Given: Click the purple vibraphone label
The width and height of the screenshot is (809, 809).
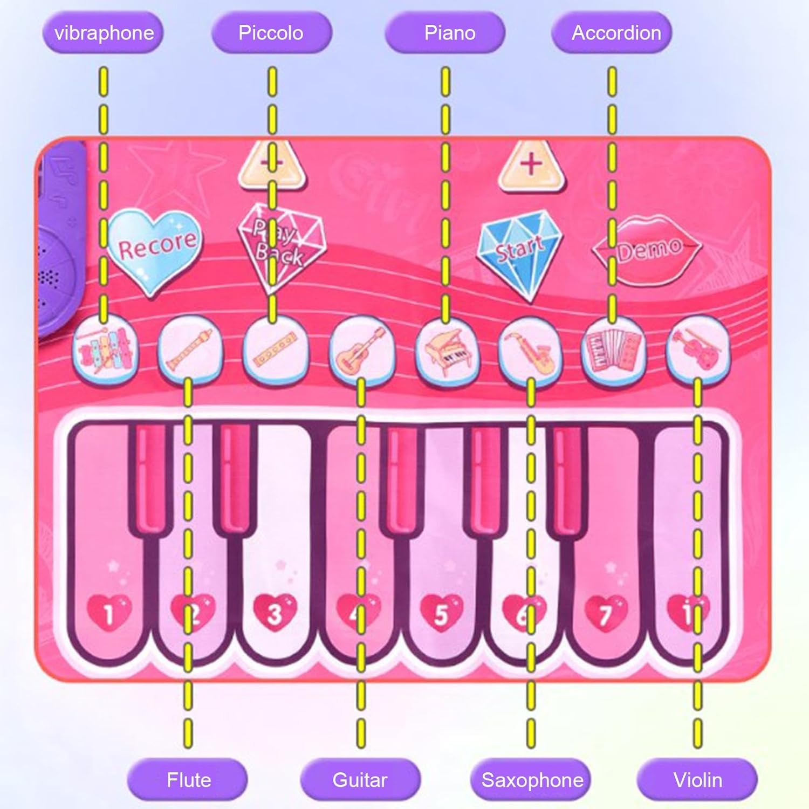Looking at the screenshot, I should [x=103, y=33].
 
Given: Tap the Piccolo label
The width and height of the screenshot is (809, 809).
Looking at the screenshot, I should [x=271, y=33].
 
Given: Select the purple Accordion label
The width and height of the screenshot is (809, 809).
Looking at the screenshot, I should [x=615, y=33].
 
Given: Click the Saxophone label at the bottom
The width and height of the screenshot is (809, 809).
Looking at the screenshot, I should [x=532, y=780].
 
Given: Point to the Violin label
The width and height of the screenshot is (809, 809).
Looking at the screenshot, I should [x=697, y=780].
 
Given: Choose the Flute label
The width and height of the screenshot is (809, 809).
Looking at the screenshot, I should [x=188, y=780].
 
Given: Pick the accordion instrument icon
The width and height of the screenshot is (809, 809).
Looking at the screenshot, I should [x=613, y=349].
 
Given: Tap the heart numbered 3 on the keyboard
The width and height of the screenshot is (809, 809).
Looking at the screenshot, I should [x=275, y=613].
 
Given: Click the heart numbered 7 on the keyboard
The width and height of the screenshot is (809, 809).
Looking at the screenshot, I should [x=607, y=613].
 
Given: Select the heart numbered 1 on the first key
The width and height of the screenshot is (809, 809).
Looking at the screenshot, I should [x=109, y=613].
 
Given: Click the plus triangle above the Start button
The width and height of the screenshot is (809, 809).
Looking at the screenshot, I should [x=531, y=165].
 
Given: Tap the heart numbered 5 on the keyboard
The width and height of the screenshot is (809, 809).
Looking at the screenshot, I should [x=441, y=613].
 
